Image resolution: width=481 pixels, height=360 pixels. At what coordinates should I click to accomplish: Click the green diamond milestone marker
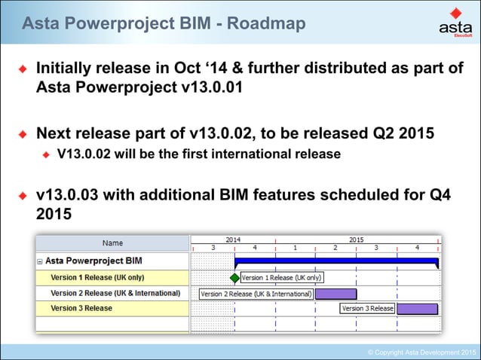[x=234, y=278]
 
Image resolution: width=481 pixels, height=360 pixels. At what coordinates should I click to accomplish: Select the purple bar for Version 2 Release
[x=335, y=294]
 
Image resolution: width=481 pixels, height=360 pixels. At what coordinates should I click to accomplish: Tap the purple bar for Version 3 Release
[x=417, y=309]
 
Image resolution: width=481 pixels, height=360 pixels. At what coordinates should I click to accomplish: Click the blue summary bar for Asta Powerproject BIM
[x=336, y=262]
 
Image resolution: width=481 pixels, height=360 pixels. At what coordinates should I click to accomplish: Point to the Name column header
[x=112, y=243]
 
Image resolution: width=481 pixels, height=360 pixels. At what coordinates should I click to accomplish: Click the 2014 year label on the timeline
[x=234, y=239]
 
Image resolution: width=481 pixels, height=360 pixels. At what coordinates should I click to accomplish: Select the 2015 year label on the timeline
[x=356, y=239]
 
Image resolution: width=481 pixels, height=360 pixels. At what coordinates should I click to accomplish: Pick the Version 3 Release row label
[x=81, y=309]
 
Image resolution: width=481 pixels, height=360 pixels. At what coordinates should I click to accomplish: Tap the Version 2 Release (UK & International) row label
[x=115, y=293]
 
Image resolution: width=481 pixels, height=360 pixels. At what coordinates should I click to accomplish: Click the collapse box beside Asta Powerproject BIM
[x=40, y=261]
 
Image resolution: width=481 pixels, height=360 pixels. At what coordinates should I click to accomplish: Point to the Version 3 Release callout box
[x=367, y=309]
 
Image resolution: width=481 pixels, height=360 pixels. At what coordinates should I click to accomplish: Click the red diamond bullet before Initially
[x=23, y=70]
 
